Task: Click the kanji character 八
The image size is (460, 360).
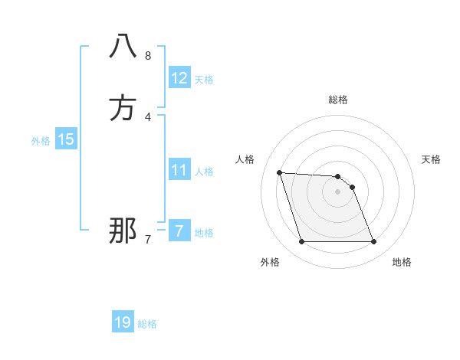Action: [123, 47]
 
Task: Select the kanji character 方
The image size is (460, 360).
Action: [123, 108]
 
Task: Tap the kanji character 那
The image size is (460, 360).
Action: [123, 231]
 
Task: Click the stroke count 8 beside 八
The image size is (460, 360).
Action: [148, 56]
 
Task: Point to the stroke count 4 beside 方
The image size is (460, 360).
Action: [148, 117]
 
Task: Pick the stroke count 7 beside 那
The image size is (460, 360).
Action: [148, 240]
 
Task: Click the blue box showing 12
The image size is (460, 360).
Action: [179, 78]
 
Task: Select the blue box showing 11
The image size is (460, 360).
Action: [179, 170]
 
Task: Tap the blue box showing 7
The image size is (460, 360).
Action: [179, 231]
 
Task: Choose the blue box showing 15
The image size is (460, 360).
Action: [66, 139]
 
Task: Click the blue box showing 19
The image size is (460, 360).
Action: [123, 322]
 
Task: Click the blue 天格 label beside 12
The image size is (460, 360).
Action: [204, 80]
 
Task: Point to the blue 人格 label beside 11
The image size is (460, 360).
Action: [204, 172]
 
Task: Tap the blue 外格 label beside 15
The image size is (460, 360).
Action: [41, 141]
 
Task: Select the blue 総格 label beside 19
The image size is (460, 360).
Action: [147, 324]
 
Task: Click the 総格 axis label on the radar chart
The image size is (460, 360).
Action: [338, 100]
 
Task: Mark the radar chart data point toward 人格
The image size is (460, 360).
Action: [280, 172]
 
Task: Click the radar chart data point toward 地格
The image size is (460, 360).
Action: [373, 242]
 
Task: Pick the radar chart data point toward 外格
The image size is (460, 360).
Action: [301, 242]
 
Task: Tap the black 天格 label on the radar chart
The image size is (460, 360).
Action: [431, 159]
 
